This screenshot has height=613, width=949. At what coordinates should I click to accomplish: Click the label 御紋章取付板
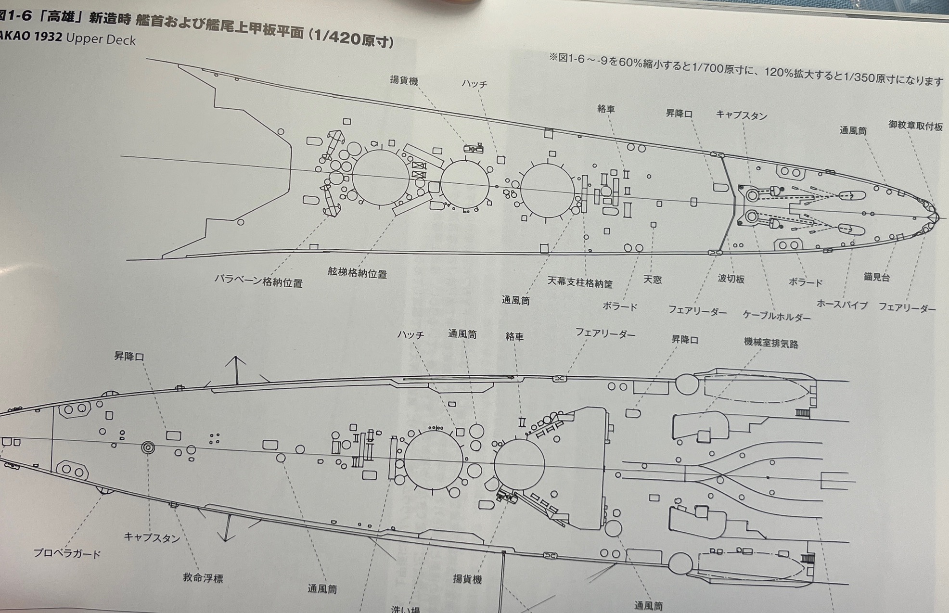[x=915, y=126]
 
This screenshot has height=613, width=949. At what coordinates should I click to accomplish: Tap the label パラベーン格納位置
[x=258, y=281]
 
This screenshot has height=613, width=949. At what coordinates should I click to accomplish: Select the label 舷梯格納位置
[x=358, y=273]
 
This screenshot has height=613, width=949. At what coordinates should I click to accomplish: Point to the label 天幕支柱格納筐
[x=580, y=282]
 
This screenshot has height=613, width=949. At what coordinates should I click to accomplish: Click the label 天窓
[x=653, y=280]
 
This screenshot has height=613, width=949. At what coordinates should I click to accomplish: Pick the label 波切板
[x=731, y=279]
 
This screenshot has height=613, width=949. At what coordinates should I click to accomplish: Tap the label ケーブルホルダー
[x=776, y=316]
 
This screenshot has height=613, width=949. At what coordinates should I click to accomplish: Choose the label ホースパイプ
[x=842, y=304]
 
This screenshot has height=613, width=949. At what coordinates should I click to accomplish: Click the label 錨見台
[x=876, y=277]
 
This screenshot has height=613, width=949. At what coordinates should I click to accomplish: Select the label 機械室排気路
[x=771, y=344]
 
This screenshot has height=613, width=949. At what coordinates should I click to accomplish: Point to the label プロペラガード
[x=67, y=554]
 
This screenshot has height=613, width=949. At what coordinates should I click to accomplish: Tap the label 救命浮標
[x=203, y=578]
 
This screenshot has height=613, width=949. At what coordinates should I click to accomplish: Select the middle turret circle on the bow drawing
[x=465, y=185]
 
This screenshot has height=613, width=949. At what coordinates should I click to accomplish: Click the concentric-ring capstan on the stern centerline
[x=148, y=448]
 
